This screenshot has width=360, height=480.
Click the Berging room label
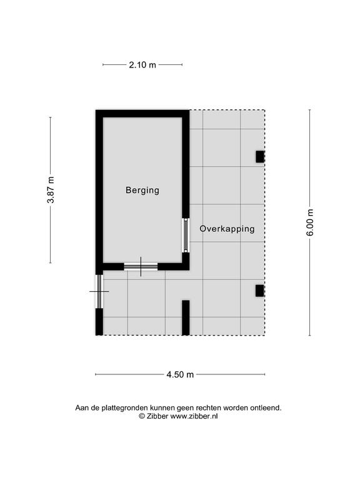click(x=142, y=190)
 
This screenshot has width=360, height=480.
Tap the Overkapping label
click(x=227, y=229)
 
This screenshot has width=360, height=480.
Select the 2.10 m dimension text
click(x=142, y=65)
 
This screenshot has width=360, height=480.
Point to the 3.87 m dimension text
click(x=51, y=190)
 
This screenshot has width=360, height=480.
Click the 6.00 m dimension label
click(x=310, y=222)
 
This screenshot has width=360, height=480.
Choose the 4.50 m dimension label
click(x=180, y=374)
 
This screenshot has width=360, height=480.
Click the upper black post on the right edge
click(x=260, y=157)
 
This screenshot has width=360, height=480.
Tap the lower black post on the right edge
click(x=260, y=291)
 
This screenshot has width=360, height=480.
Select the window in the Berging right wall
click(x=186, y=235)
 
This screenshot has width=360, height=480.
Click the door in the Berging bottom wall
click(x=141, y=267)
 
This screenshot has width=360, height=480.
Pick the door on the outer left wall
click(x=99, y=291)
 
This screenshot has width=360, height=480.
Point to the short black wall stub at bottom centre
click(x=186, y=317)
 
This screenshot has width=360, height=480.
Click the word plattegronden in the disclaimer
click(x=125, y=408)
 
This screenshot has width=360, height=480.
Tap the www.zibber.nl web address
click(x=194, y=416)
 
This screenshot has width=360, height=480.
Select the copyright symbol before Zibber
click(x=142, y=416)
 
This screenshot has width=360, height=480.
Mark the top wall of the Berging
click(x=142, y=114)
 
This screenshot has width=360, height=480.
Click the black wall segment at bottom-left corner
click(x=99, y=322)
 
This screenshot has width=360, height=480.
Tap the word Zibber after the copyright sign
click(x=157, y=416)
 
